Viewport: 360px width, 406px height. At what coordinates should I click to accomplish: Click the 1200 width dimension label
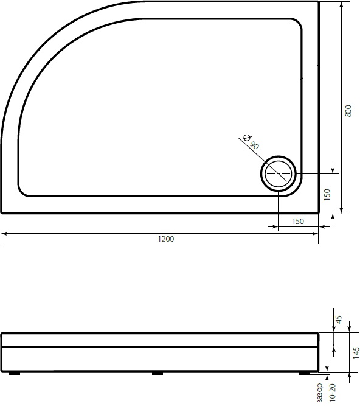point(165,239)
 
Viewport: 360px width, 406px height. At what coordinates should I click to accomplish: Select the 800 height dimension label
point(348,111)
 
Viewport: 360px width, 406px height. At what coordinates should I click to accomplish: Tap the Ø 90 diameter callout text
point(251,141)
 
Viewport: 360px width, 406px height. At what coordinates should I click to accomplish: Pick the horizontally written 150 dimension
point(298,222)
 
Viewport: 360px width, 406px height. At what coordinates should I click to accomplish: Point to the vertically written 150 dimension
point(327,194)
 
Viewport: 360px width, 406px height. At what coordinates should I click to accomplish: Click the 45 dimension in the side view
point(339,318)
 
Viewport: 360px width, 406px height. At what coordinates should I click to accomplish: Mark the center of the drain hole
point(279,174)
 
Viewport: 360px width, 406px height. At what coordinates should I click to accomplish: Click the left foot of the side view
point(13,372)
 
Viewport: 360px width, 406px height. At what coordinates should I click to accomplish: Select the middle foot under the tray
point(157,372)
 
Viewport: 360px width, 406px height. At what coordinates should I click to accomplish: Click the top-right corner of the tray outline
point(318,2)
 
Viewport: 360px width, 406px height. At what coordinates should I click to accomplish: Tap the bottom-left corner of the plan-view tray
point(2,212)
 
